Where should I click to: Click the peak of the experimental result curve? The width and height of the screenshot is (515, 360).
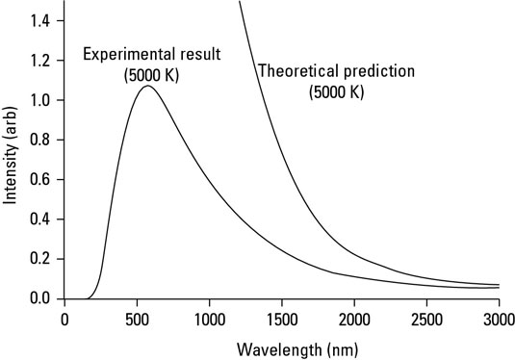point(147,87)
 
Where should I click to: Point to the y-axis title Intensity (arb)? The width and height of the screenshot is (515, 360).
point(12,160)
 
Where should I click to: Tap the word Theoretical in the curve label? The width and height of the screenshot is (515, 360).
point(295,71)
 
